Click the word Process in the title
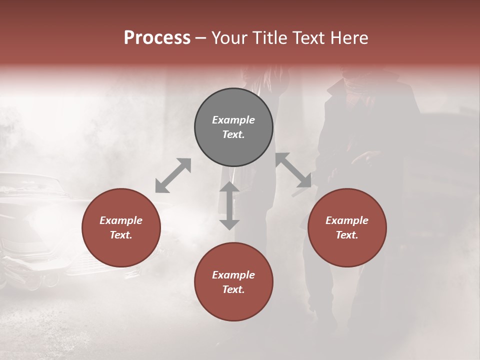(x=157, y=38)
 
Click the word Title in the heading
(x=270, y=38)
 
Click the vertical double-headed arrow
(x=229, y=205)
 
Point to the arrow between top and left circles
(x=173, y=175)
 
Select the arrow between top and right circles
(x=293, y=170)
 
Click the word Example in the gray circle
(x=233, y=120)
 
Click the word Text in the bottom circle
(x=233, y=289)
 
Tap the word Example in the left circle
(x=121, y=220)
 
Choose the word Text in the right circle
(x=346, y=235)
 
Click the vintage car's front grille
(x=30, y=250)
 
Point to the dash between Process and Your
(x=201, y=38)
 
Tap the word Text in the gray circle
(x=233, y=134)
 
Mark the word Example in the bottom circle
(x=233, y=275)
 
